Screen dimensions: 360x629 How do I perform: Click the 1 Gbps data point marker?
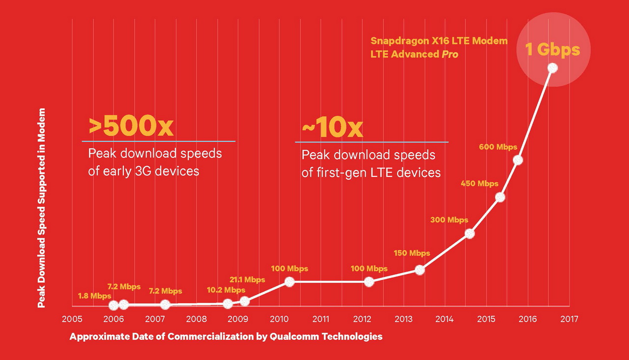552,68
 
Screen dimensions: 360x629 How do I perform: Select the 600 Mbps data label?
498,147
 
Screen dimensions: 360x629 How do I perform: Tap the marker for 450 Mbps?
500,197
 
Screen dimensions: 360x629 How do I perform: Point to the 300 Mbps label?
449,220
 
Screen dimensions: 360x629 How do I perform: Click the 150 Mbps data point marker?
419,270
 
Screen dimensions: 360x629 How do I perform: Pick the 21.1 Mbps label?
247,279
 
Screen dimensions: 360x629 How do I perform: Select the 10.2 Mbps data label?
226,290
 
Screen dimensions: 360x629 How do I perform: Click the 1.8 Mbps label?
94,296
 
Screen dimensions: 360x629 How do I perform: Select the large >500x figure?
131,127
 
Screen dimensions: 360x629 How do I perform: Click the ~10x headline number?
332,128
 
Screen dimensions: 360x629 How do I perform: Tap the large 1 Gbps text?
553,49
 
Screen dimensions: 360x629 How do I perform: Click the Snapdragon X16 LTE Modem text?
439,41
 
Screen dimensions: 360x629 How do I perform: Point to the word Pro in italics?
450,54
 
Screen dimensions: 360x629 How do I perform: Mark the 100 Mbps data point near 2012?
369,282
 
